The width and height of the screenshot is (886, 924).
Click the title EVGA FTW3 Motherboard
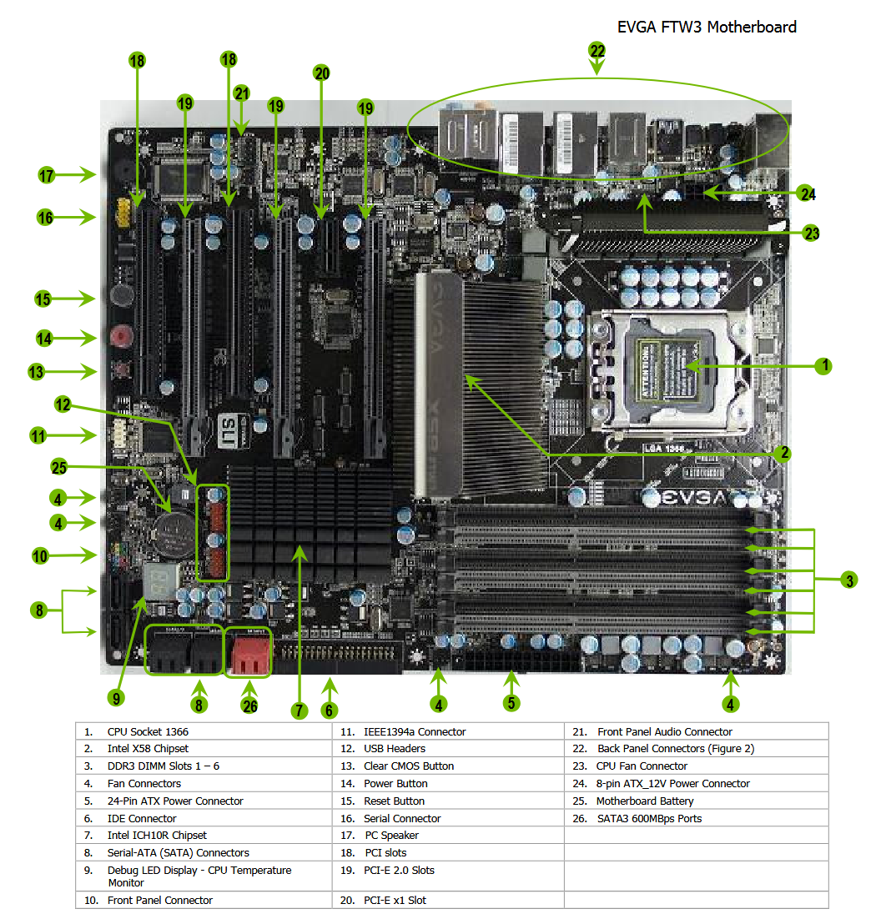(x=706, y=28)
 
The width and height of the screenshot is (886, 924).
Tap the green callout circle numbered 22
(x=597, y=51)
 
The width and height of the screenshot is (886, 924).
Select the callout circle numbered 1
(x=824, y=366)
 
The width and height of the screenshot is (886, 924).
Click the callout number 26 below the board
(x=250, y=706)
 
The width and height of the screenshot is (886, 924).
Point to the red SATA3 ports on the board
(x=248, y=653)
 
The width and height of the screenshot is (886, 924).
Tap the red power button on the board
(x=122, y=337)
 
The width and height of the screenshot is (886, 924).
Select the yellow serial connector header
(x=123, y=213)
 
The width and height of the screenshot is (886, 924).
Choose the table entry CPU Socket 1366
(x=148, y=731)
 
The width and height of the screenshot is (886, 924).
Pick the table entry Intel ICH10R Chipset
(x=157, y=835)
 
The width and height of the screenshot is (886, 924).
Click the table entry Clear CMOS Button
(x=409, y=766)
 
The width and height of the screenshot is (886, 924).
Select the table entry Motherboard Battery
(x=645, y=801)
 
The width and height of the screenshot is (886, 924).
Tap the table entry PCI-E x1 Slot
(x=395, y=900)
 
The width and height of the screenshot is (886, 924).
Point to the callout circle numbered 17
(x=46, y=176)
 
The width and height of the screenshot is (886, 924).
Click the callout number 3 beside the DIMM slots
(x=849, y=580)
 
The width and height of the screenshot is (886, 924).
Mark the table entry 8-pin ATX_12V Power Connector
(x=672, y=783)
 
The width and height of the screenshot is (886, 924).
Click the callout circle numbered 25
(x=59, y=467)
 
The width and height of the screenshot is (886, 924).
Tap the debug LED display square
(x=160, y=581)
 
